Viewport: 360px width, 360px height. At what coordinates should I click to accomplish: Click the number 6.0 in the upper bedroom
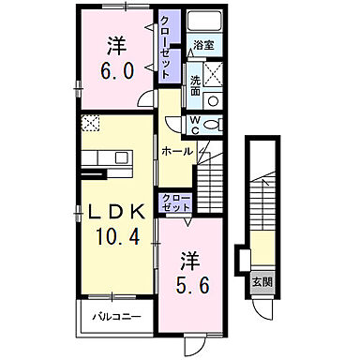point(115,69)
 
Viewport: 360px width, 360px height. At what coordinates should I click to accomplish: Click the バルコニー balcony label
point(116,316)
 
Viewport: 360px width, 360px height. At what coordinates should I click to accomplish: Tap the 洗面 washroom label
point(194,85)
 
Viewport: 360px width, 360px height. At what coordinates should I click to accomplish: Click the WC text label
point(193,121)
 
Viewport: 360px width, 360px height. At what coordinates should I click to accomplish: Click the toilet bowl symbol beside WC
point(213,122)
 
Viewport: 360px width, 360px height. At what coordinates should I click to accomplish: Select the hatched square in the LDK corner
point(90,122)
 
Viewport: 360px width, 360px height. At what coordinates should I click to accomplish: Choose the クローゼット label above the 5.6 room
point(175,202)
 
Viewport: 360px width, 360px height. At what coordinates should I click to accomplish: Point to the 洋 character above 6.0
point(115,44)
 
